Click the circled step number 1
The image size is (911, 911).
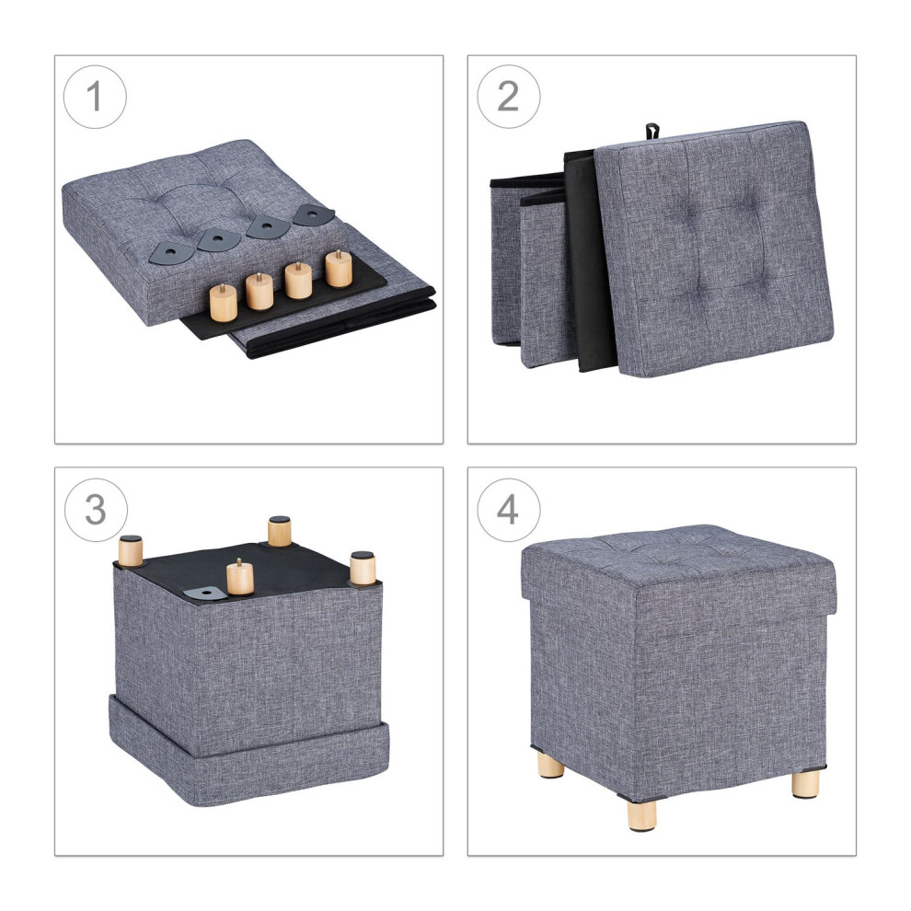point(95,97)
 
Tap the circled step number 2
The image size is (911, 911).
point(508,97)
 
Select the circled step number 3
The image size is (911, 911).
point(96,510)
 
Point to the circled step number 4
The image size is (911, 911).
point(508,510)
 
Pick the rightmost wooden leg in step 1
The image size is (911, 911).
point(338,269)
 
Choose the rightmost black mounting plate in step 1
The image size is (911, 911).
point(314,215)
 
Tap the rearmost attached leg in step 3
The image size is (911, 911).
point(280,530)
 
